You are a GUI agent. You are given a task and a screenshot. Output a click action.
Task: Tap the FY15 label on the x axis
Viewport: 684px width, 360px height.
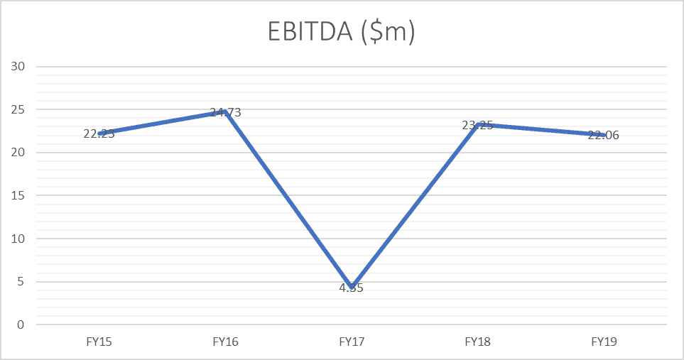(99, 342)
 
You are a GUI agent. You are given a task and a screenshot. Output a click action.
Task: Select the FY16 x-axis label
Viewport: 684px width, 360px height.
(225, 342)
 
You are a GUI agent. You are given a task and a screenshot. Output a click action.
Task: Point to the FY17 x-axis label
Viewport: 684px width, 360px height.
(352, 342)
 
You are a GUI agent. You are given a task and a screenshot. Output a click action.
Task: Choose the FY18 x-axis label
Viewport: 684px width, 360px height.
(477, 342)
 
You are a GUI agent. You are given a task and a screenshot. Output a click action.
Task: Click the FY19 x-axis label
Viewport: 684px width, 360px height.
(604, 342)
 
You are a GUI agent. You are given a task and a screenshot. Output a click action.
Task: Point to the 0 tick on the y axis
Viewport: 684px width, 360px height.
(21, 324)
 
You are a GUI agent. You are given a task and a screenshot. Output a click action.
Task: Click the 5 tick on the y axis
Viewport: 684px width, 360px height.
(21, 282)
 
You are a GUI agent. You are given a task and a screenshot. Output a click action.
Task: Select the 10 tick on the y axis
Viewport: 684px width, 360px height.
(18, 239)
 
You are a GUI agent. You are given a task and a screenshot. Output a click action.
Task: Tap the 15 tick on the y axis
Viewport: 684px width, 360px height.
(18, 195)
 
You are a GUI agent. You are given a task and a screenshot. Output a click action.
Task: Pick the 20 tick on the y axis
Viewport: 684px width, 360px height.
(18, 153)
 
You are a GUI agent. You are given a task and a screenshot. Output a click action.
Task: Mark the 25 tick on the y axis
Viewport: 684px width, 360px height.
(18, 110)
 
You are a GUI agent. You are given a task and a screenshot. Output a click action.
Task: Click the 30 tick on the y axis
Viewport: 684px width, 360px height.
(18, 67)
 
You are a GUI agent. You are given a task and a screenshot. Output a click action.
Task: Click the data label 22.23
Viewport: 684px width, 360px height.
(99, 133)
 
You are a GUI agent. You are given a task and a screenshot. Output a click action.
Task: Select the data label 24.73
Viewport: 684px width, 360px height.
(225, 112)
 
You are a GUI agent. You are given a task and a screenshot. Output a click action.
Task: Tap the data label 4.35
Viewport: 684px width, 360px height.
(352, 288)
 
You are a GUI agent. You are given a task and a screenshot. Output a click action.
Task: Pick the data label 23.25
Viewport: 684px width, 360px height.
(477, 125)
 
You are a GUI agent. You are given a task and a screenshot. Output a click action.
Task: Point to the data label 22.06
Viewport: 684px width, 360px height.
(604, 135)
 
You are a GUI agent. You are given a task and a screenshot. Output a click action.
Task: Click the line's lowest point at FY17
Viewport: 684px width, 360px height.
(352, 286)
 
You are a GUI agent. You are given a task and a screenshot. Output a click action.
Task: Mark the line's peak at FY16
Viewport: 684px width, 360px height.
(225, 111)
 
